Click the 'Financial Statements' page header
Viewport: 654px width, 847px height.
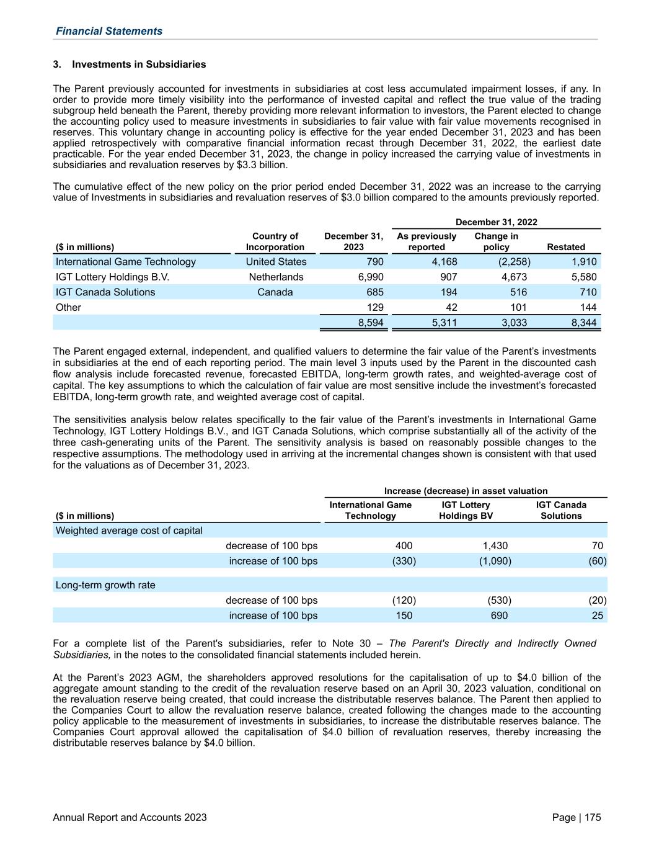point(109,31)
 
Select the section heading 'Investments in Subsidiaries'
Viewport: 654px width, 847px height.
point(139,65)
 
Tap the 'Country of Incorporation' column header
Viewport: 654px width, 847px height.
point(275,241)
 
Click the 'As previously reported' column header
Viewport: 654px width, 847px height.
point(426,241)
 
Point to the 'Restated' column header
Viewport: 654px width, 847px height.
point(565,247)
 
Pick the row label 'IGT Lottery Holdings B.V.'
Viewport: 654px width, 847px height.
point(112,277)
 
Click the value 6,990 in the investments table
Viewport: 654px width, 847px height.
point(371,277)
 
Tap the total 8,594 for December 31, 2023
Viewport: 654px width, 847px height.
point(371,323)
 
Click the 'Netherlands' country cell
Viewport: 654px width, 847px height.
point(276,277)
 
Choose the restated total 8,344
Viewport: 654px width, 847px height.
point(583,323)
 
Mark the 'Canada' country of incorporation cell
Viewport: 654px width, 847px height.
point(275,292)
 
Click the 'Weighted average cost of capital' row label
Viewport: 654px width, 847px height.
point(129,531)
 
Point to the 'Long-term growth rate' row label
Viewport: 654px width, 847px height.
point(105,585)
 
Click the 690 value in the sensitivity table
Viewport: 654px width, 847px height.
point(498,616)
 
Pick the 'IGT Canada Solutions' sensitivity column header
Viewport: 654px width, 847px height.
point(561,510)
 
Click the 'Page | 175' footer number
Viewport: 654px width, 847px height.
point(576,818)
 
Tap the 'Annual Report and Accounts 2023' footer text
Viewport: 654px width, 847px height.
point(130,818)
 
